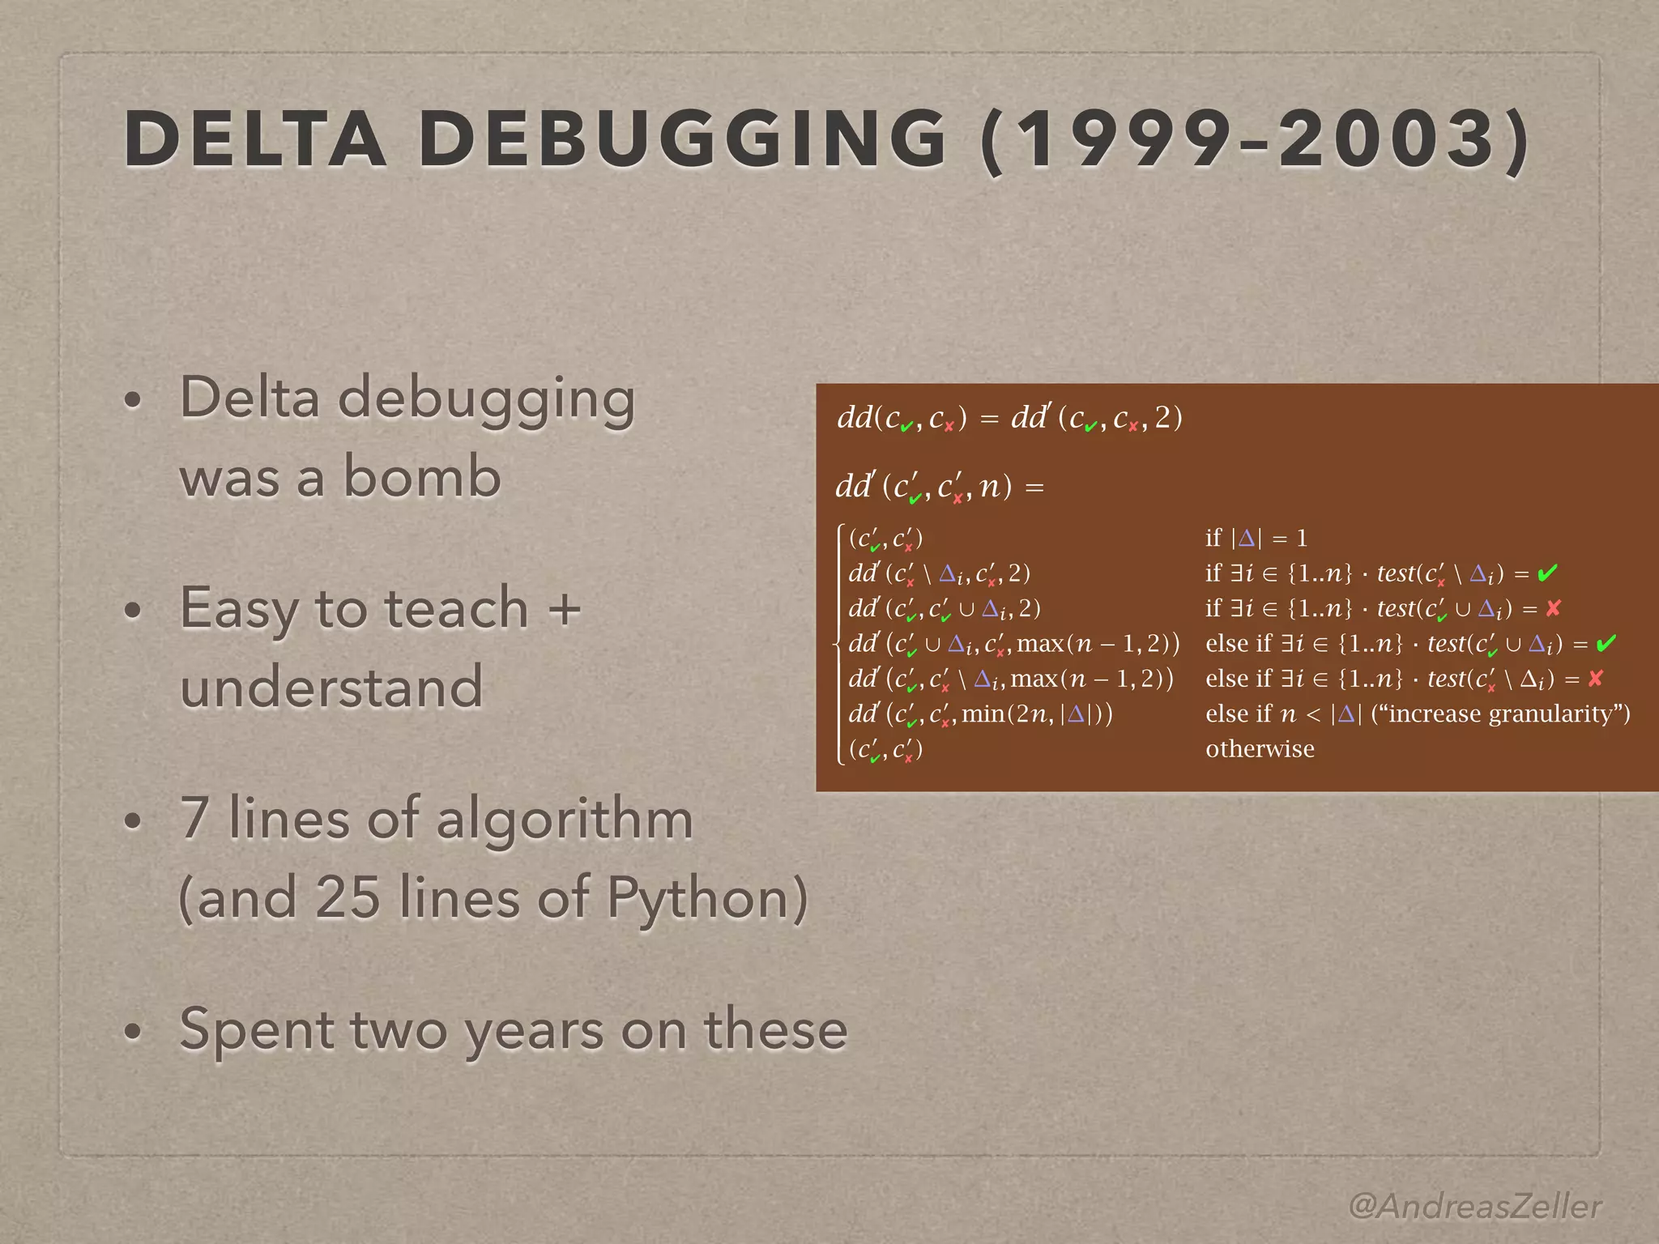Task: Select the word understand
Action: click(x=331, y=687)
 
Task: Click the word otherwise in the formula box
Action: click(x=1260, y=748)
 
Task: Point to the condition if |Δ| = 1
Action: click(x=1256, y=538)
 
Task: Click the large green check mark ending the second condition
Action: click(x=1547, y=573)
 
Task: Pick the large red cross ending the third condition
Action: click(x=1553, y=608)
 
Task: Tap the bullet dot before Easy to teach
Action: click(x=134, y=610)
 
